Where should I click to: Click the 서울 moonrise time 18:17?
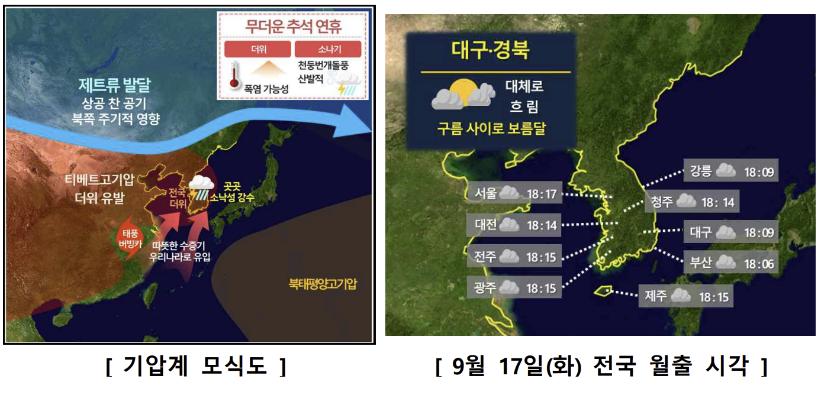pos(542,193)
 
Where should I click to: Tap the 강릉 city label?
pos(701,172)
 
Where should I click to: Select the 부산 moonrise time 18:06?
pos(759,263)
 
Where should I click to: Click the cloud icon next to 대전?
pos(508,225)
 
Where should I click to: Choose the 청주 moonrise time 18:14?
pos(717,202)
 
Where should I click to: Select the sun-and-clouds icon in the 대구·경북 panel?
pos(463,95)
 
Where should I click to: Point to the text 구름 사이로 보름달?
pos(490,129)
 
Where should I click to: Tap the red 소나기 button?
pos(327,49)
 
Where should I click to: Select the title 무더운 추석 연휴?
pos(293,27)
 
